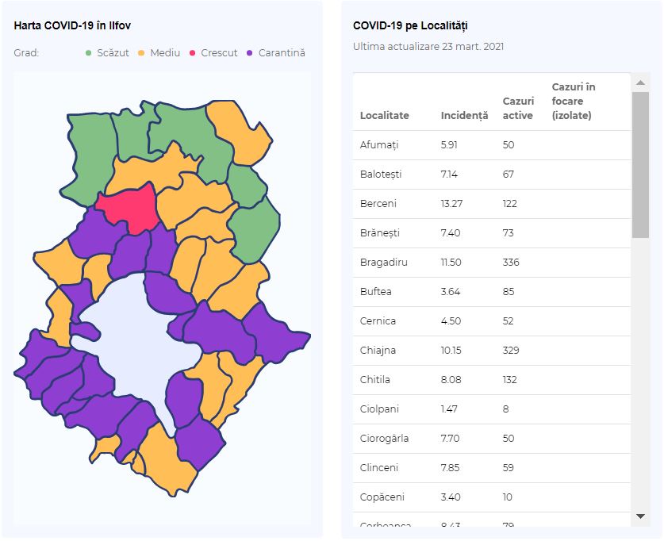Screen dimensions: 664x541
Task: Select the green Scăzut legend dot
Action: pyautogui.click(x=89, y=53)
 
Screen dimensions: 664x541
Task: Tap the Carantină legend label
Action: pyautogui.click(x=282, y=53)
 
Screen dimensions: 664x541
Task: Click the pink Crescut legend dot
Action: pyautogui.click(x=192, y=53)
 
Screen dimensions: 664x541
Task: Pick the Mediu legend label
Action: pyautogui.click(x=165, y=53)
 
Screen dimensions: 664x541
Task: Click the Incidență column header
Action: pyautogui.click(x=464, y=116)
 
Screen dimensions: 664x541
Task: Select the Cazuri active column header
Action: pyautogui.click(x=518, y=109)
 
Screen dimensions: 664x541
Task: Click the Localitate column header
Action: pyautogui.click(x=385, y=116)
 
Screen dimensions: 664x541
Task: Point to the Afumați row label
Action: pyautogui.click(x=379, y=145)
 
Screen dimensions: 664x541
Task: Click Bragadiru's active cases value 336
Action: pyautogui.click(x=511, y=263)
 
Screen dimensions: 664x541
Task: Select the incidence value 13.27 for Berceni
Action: pyautogui.click(x=451, y=204)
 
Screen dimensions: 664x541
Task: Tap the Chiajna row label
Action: pyautogui.click(x=378, y=351)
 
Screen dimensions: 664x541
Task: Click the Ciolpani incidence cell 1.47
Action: pyautogui.click(x=449, y=409)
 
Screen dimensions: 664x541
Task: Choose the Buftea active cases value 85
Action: pyautogui.click(x=509, y=292)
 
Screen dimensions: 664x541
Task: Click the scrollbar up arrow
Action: pyautogui.click(x=640, y=83)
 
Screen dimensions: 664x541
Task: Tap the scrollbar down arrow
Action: pyautogui.click(x=640, y=516)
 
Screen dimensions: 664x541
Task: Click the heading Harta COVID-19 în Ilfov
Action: pyautogui.click(x=72, y=26)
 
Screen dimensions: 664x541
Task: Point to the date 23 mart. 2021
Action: pyautogui.click(x=473, y=47)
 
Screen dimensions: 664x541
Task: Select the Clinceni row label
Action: pyautogui.click(x=379, y=468)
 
